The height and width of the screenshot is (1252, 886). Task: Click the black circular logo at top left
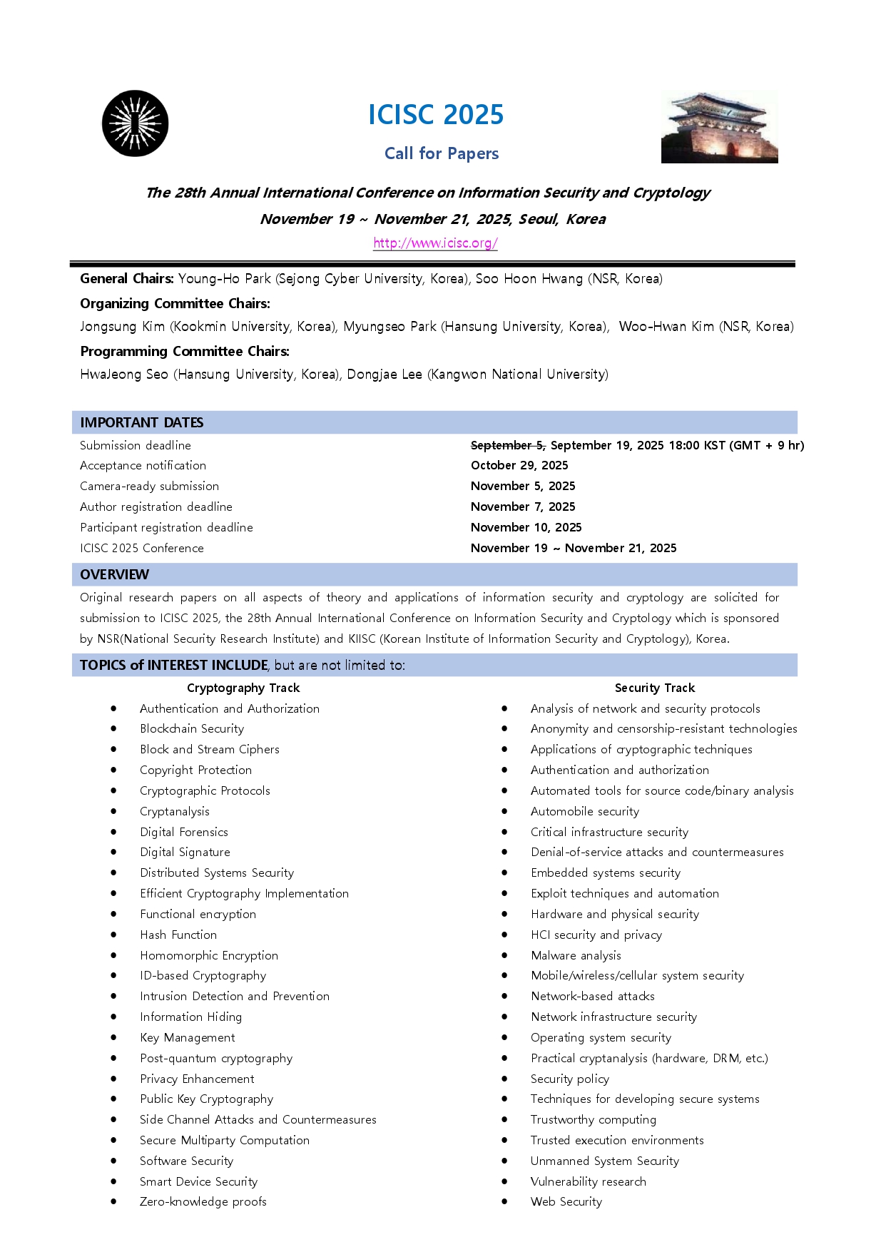pos(136,123)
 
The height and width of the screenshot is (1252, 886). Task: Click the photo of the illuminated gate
pos(719,127)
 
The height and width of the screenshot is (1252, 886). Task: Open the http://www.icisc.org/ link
pos(435,243)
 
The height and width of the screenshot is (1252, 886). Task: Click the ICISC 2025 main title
pos(436,115)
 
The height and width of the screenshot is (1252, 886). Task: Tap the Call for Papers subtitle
pos(442,153)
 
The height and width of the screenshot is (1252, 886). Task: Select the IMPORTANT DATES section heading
pos(142,422)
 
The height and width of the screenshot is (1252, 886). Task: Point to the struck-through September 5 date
pos(508,445)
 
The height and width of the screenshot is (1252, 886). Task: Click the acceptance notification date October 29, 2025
pos(519,465)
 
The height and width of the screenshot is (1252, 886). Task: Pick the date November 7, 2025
pos(523,507)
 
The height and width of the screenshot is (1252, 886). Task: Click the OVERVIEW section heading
pos(115,574)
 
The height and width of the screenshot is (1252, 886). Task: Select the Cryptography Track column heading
pos(243,688)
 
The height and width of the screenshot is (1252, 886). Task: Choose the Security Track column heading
pos(655,688)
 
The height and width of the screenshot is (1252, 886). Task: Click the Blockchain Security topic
pos(192,728)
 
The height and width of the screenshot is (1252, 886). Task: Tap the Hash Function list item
pos(178,935)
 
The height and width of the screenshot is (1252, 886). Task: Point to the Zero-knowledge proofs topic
pos(203,1201)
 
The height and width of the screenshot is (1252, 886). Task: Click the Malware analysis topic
pos(576,955)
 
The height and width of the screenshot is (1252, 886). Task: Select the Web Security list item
pos(566,1201)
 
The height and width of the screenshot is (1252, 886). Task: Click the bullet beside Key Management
pos(113,1037)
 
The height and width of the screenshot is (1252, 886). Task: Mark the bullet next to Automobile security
pos(504,811)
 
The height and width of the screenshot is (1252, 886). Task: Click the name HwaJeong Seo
pos(124,375)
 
